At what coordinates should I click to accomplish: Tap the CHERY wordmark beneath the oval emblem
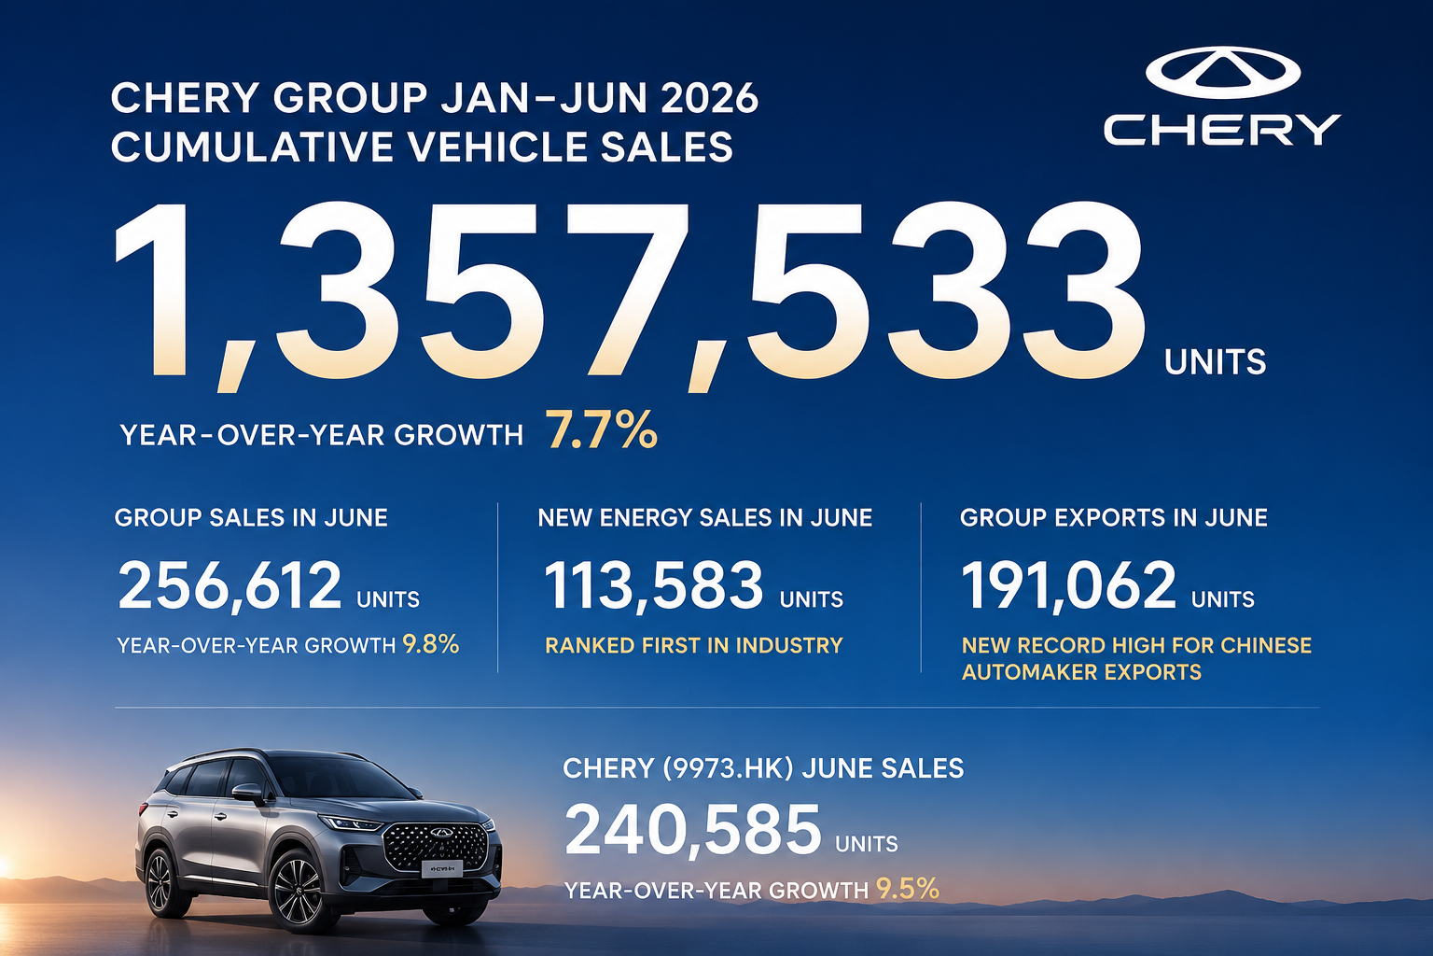pos(1222,130)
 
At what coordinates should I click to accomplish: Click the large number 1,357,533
pos(628,297)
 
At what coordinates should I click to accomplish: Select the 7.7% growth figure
pos(602,429)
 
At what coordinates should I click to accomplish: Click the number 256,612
pos(230,584)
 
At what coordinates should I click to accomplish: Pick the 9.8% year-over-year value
pos(430,644)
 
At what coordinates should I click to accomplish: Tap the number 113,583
pos(653,584)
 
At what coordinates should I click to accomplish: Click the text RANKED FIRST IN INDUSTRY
pos(693,645)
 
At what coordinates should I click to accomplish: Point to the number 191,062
pos(1068,584)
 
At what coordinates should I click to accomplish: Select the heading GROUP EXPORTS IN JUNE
pos(1114,517)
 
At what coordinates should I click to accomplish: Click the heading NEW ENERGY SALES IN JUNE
pos(705,517)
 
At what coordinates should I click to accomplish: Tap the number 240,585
pos(693,831)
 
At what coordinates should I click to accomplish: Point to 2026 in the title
pos(709,99)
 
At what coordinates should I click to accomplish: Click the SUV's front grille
pos(436,847)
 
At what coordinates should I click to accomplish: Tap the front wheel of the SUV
pos(299,890)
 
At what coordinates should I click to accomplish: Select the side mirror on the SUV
pos(248,794)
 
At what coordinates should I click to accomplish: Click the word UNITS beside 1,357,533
pos(1215,362)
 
